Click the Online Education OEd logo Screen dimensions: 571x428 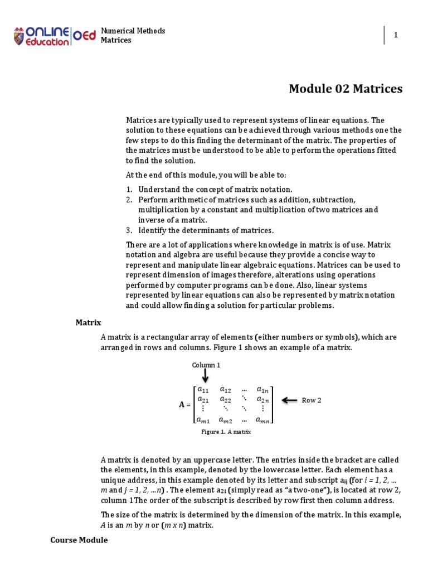(x=55, y=35)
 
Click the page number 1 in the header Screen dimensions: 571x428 (x=396, y=35)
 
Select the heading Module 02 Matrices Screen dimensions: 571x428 (x=346, y=89)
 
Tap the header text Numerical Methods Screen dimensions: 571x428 (x=133, y=31)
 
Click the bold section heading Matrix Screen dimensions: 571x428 (x=88, y=322)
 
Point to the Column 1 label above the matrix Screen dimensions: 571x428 (x=206, y=365)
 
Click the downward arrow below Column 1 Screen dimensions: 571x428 (x=206, y=376)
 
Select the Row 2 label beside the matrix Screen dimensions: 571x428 (x=312, y=400)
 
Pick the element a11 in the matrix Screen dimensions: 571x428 (x=203, y=390)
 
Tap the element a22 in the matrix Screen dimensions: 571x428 (x=226, y=400)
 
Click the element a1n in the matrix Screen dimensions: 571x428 (x=262, y=390)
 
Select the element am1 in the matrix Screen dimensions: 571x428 (x=203, y=420)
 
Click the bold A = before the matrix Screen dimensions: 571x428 (x=184, y=405)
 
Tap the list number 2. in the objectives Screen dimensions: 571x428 (x=128, y=200)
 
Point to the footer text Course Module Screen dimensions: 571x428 (x=79, y=540)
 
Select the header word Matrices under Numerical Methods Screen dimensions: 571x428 (x=116, y=40)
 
